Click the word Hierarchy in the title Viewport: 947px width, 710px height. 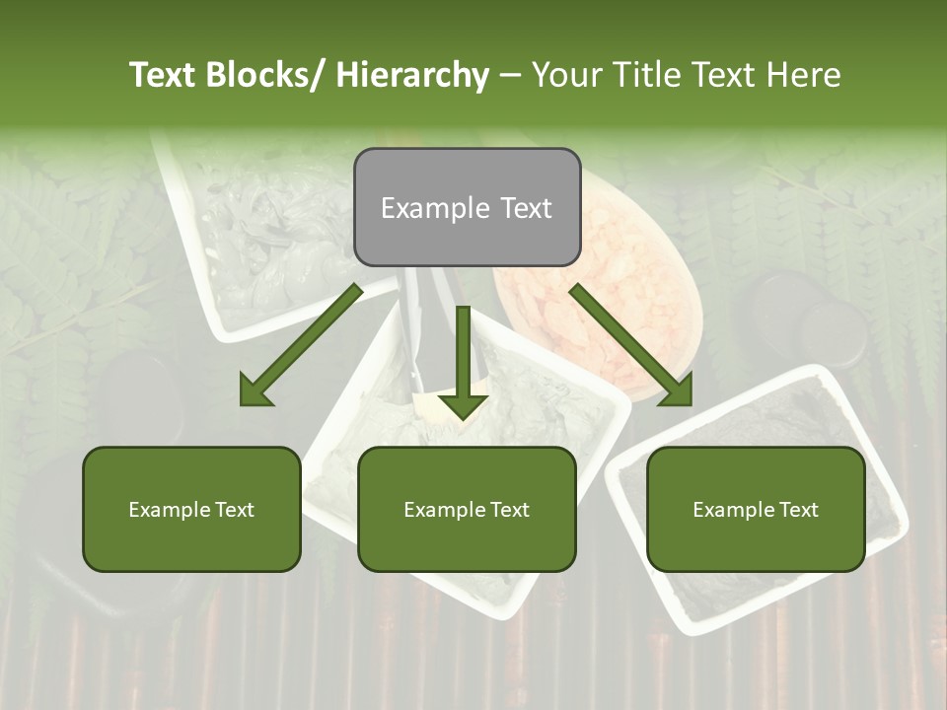pyautogui.click(x=412, y=76)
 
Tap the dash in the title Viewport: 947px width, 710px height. pyautogui.click(x=510, y=76)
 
